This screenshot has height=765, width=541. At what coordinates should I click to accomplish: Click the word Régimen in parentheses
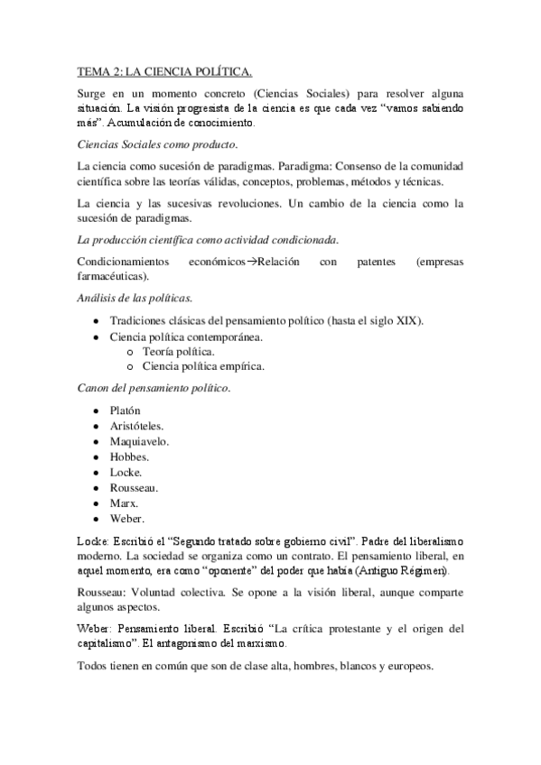click(x=429, y=571)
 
